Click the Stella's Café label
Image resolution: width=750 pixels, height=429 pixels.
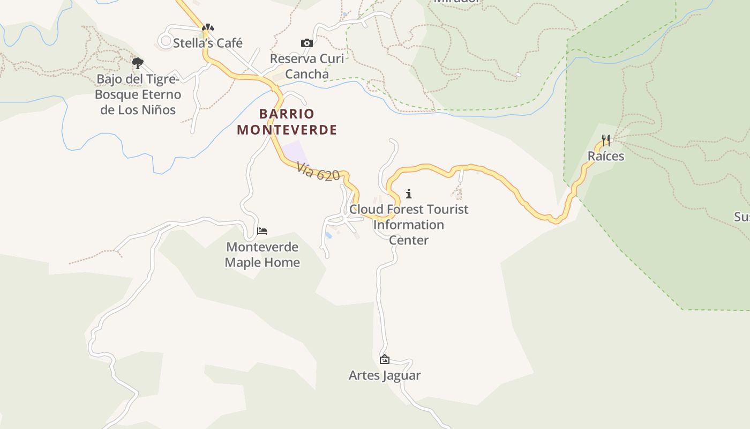pos(208,43)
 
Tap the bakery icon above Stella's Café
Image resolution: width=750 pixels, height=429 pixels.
pos(208,27)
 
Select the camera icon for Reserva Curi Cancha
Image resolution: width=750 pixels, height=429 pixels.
pos(306,43)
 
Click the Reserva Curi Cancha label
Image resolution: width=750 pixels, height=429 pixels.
pos(307,66)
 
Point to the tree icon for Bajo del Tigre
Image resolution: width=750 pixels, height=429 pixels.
pos(138,63)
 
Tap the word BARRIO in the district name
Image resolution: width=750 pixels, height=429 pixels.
pos(287,114)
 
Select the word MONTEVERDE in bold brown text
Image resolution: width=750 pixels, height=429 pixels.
pos(287,130)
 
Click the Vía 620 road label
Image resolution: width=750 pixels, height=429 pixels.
pos(318,172)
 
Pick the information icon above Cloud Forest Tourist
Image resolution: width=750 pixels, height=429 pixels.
pos(409,194)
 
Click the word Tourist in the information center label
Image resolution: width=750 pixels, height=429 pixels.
pos(445,209)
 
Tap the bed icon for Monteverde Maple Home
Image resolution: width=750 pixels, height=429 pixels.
pos(262,231)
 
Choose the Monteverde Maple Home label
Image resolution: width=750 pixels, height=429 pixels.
pos(262,255)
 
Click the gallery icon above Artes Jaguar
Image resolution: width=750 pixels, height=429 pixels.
pos(384,359)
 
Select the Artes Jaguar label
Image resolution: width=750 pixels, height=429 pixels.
pos(385,375)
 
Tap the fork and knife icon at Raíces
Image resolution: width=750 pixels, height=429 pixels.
pos(606,140)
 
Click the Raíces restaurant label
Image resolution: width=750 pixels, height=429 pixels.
pos(606,156)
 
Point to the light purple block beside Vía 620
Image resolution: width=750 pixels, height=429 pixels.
pos(294,151)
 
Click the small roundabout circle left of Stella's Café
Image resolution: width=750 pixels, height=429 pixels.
pos(166,40)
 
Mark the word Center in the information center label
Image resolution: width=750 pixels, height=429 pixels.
pos(409,240)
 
